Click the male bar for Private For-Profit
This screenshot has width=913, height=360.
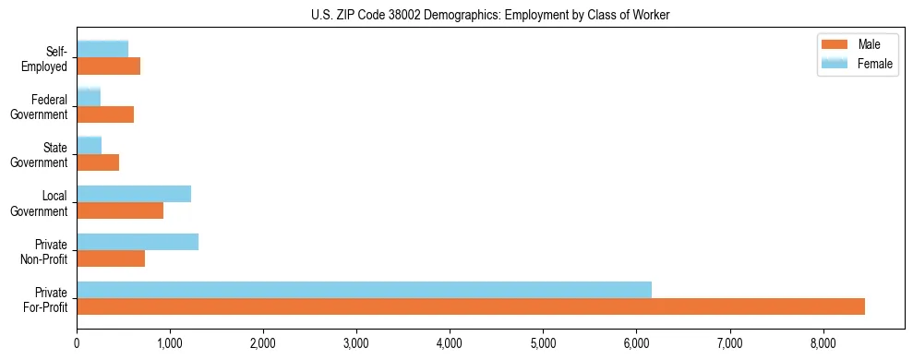point(471,306)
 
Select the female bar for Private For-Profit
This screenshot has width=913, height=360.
point(364,290)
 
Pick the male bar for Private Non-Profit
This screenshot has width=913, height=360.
point(111,258)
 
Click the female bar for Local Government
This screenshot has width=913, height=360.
point(134,194)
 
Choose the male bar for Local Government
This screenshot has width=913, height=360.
point(120,210)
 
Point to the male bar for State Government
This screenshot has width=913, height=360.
point(98,162)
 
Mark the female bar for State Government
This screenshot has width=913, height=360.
point(89,146)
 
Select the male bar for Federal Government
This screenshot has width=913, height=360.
point(105,114)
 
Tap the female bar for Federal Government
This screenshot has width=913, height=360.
point(89,98)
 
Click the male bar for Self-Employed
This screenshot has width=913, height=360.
point(108,66)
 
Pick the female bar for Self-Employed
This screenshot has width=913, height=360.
point(102,50)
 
